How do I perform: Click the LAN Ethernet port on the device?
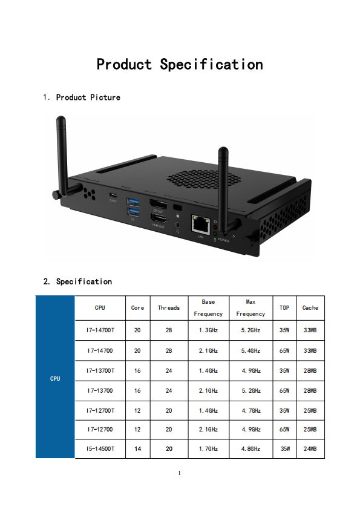pyautogui.click(x=200, y=224)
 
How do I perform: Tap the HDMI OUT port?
pyautogui.click(x=159, y=218)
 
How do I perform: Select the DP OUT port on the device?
pyautogui.click(x=159, y=204)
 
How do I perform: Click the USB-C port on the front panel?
pyautogui.click(x=113, y=195)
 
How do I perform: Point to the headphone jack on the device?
pyautogui.click(x=177, y=225)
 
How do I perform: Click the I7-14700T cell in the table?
pyautogui.click(x=100, y=330)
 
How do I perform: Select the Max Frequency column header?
pyautogui.click(x=250, y=307)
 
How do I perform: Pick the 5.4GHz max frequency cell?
pyautogui.click(x=250, y=350)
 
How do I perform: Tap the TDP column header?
pyautogui.click(x=284, y=307)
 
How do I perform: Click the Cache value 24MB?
pyautogui.click(x=310, y=448)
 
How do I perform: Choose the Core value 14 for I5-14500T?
pyautogui.click(x=137, y=448)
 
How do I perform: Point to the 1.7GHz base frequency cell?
pyautogui.click(x=208, y=448)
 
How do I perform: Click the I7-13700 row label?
pyautogui.click(x=100, y=390)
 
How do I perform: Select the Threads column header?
pyautogui.click(x=169, y=307)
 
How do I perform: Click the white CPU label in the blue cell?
pyautogui.click(x=55, y=378)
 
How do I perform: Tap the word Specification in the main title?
pyautogui.click(x=211, y=64)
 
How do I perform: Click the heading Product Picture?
pyautogui.click(x=88, y=97)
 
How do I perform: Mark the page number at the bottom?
pyautogui.click(x=180, y=473)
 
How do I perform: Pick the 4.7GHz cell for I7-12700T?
pyautogui.click(x=251, y=410)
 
